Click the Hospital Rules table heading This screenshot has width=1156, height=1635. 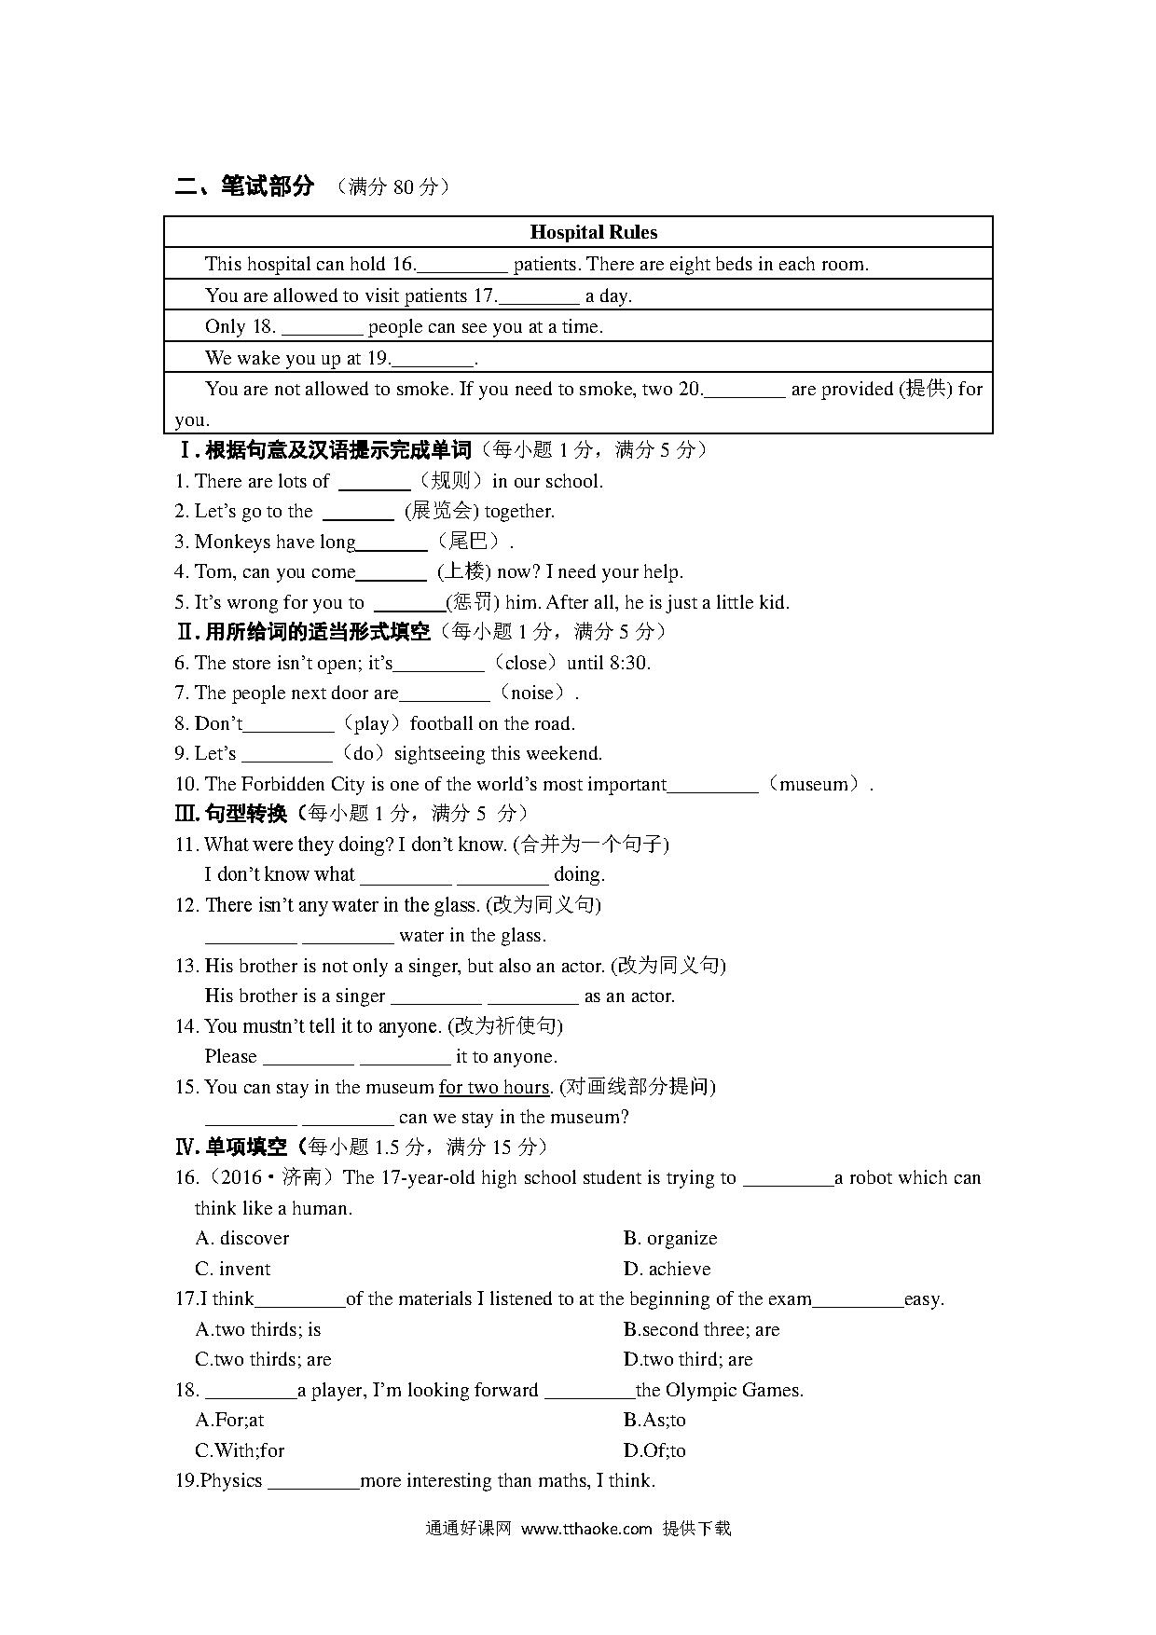pyautogui.click(x=593, y=232)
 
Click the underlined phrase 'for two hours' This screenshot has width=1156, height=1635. pyautogui.click(x=494, y=1087)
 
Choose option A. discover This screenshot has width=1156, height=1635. pyautogui.click(x=242, y=1238)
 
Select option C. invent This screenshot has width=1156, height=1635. pyautogui.click(x=233, y=1269)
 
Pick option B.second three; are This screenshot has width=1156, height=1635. pyautogui.click(x=701, y=1329)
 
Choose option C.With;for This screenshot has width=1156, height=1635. pyautogui.click(x=240, y=1450)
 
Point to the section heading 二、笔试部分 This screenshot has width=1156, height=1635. pyautogui.click(x=245, y=186)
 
